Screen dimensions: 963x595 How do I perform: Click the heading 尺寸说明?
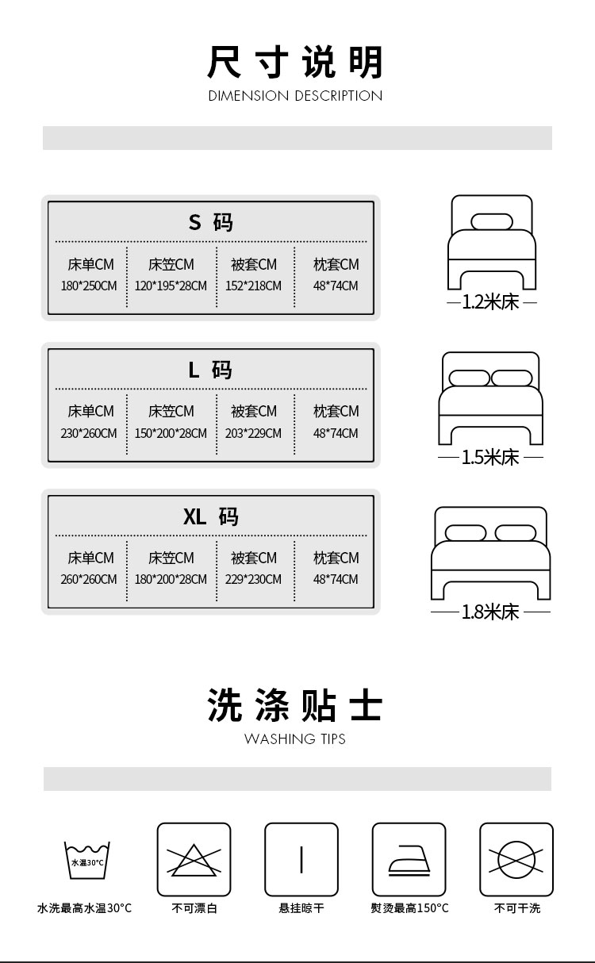(x=295, y=63)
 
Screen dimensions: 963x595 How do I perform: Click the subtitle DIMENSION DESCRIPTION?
(x=295, y=96)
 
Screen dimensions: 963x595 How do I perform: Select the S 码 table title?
(x=211, y=222)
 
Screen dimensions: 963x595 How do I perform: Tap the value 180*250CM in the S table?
(x=89, y=286)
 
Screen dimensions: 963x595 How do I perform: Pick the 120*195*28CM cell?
(x=171, y=286)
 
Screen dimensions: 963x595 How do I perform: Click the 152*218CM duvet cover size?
(x=253, y=286)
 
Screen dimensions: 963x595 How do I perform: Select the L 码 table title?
(x=211, y=370)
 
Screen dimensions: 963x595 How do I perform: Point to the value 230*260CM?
(x=89, y=433)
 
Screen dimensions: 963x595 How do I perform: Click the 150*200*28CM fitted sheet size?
(x=171, y=433)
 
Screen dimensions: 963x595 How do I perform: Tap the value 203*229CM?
(x=253, y=433)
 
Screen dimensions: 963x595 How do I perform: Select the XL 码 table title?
(x=211, y=517)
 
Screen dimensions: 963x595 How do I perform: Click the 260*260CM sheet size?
(x=89, y=579)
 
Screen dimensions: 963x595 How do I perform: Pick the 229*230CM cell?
(x=253, y=579)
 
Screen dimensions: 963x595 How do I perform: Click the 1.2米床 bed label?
(x=491, y=302)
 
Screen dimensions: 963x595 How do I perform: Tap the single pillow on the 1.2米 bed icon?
(x=492, y=221)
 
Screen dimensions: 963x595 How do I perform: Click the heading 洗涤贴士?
(x=295, y=705)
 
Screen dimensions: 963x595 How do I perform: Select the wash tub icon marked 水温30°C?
(x=86, y=860)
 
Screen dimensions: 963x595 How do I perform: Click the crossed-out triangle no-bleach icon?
(x=194, y=860)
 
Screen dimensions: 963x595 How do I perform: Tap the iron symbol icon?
(x=409, y=860)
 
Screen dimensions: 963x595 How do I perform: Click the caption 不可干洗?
(x=517, y=908)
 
